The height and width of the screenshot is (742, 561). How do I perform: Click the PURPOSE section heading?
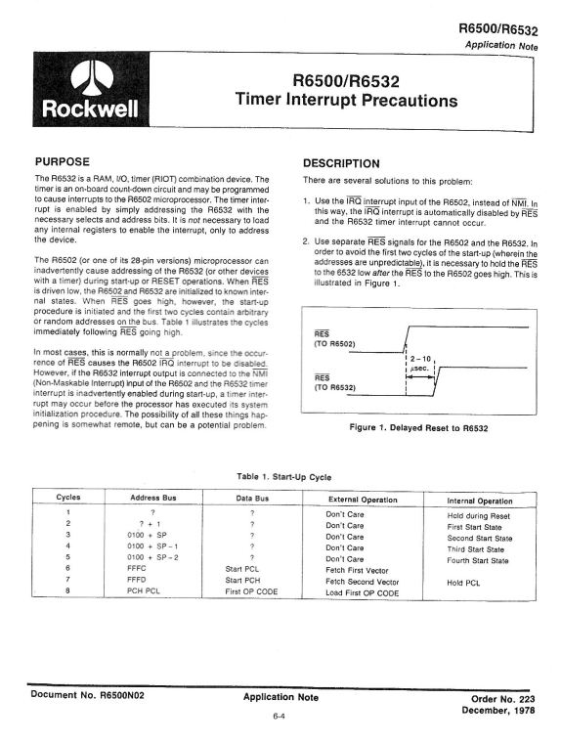[x=63, y=160]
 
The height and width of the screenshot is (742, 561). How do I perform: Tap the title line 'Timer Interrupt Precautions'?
[x=346, y=100]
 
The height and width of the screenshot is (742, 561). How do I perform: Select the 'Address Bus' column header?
[x=151, y=499]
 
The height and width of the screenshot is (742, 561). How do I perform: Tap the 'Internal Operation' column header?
[x=480, y=500]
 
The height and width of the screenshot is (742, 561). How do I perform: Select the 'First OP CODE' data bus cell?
[x=251, y=592]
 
